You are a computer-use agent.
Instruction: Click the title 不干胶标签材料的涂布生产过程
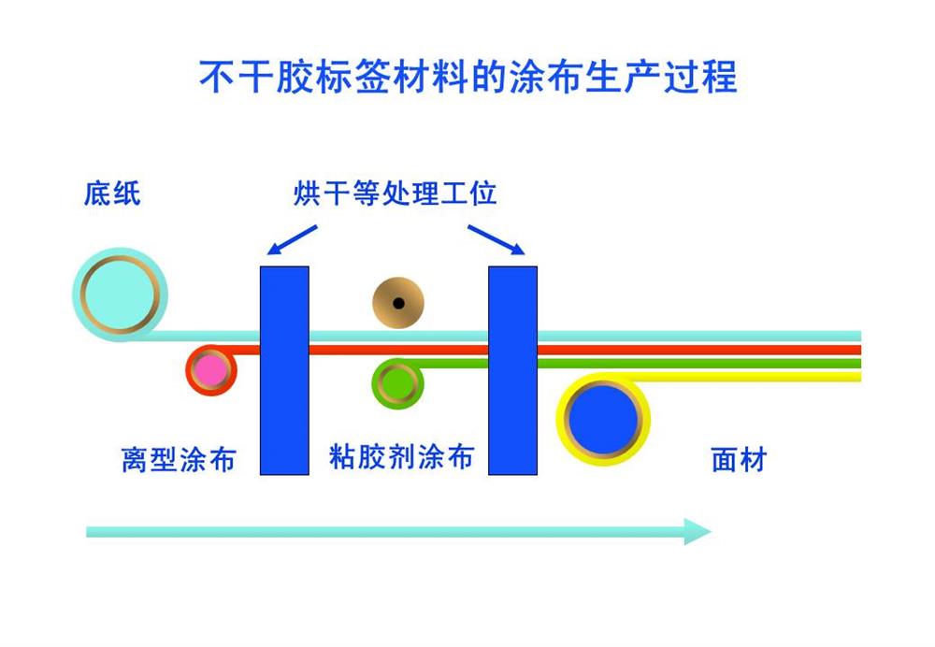tap(468, 77)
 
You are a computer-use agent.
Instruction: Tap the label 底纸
tap(112, 194)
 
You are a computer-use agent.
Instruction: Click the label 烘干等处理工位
tap(395, 193)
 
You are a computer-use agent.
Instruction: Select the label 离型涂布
tap(179, 460)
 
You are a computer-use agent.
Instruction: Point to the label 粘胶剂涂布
tap(402, 457)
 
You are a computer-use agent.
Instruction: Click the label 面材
tap(739, 460)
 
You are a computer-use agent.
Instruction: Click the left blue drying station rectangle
tap(284, 370)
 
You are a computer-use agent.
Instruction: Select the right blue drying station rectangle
tap(512, 370)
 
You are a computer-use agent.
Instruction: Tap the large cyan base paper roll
tap(120, 295)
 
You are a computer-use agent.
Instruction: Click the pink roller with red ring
tap(211, 369)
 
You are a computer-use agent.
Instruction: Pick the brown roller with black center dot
tap(398, 303)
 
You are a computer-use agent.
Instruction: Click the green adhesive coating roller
tap(397, 383)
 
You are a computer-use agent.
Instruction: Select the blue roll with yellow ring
tap(603, 419)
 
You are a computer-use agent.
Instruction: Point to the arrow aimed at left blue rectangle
tap(292, 239)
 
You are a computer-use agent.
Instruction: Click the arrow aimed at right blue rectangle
tap(496, 239)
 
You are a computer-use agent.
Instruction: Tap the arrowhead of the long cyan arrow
tap(698, 531)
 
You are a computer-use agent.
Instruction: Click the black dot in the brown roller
tap(399, 304)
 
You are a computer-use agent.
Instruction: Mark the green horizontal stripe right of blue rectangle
tap(699, 363)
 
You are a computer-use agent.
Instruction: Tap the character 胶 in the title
tap(295, 77)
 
